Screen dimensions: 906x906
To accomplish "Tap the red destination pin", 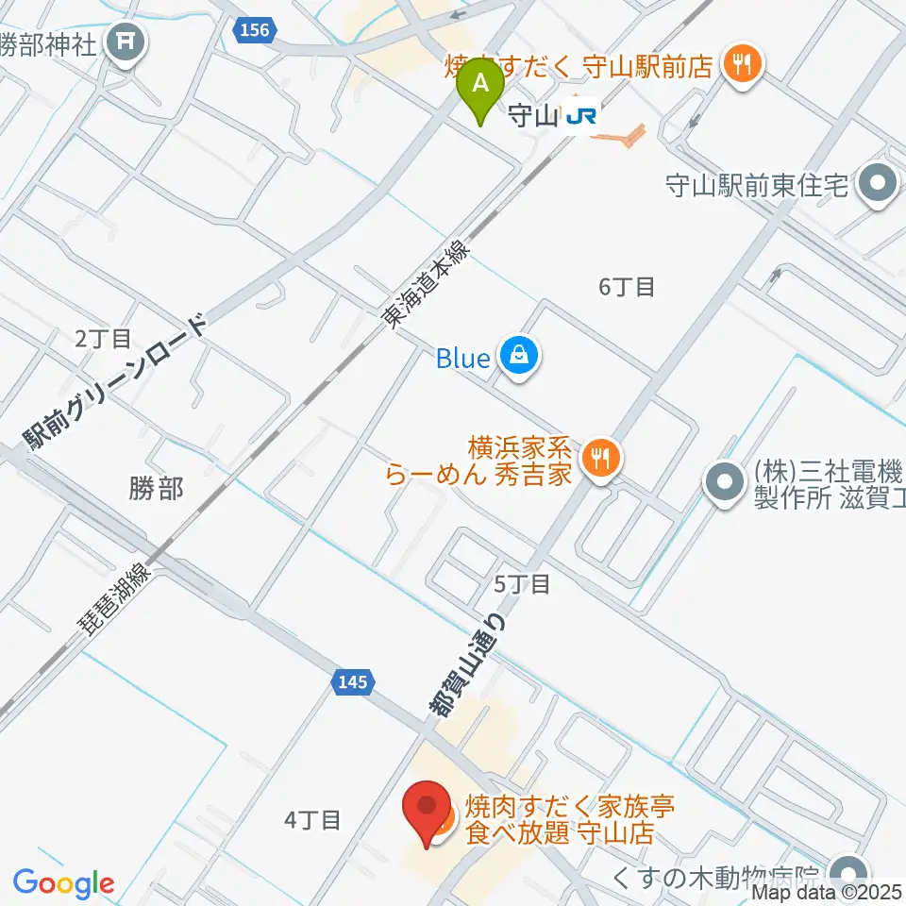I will pyautogui.click(x=428, y=811).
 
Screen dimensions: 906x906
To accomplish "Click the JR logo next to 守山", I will pyautogui.click(x=580, y=116).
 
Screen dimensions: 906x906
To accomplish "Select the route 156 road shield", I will pyautogui.click(x=255, y=30).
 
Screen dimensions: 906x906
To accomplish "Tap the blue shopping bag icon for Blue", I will pyautogui.click(x=518, y=357).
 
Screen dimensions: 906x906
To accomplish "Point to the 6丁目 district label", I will pyautogui.click(x=627, y=287).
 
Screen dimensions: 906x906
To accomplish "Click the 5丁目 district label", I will pyautogui.click(x=522, y=584).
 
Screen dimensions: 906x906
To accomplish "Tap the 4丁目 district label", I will pyautogui.click(x=311, y=820).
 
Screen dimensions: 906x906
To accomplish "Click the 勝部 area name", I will pyautogui.click(x=156, y=487).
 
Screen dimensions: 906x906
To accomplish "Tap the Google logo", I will pyautogui.click(x=64, y=884).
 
